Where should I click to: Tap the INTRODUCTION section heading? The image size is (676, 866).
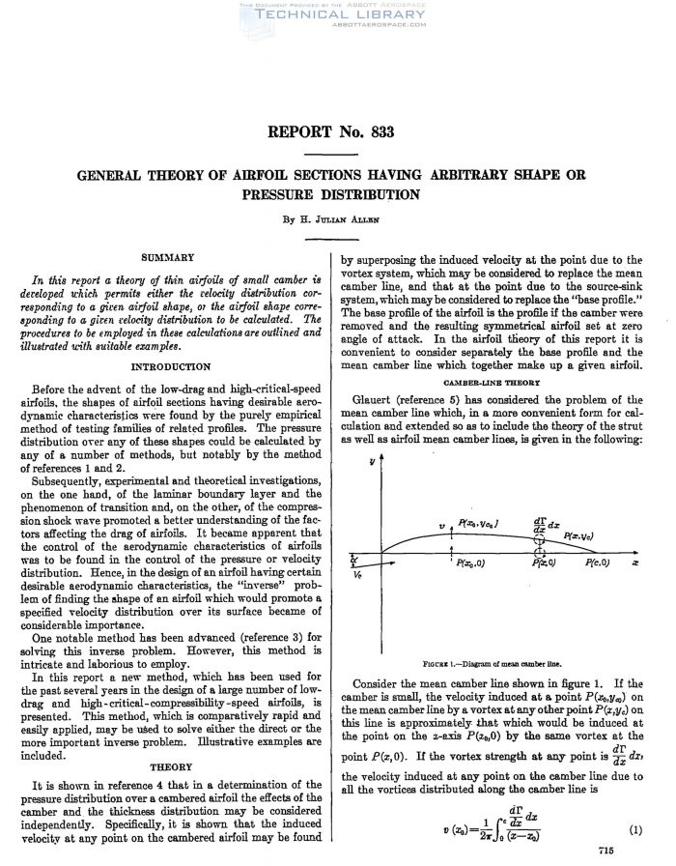pos(168,366)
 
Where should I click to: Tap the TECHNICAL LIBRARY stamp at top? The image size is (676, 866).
pos(337,16)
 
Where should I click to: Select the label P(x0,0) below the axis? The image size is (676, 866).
pos(472,563)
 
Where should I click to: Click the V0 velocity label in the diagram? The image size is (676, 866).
pos(359,572)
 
